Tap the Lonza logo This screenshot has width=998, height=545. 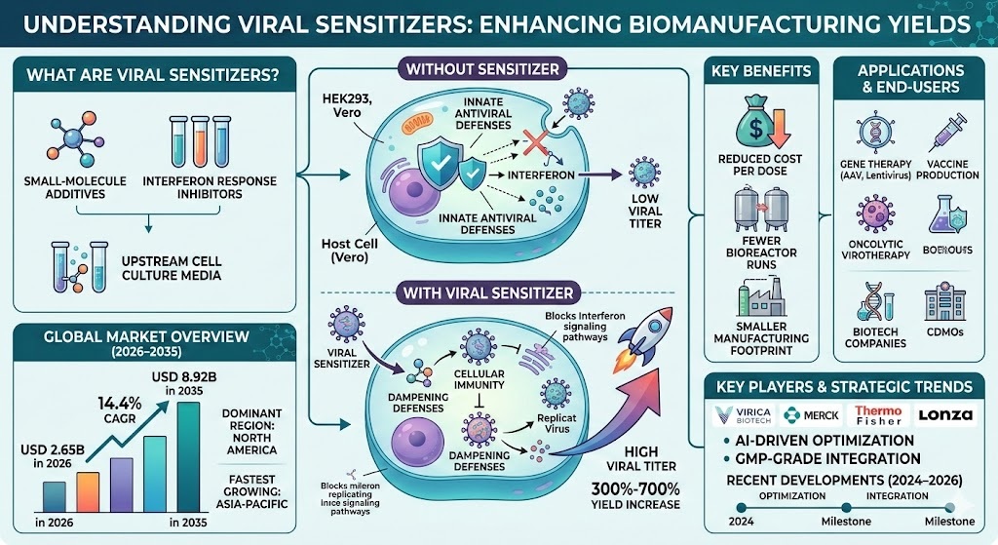[x=943, y=414]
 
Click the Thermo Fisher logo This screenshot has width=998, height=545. [x=879, y=414]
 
